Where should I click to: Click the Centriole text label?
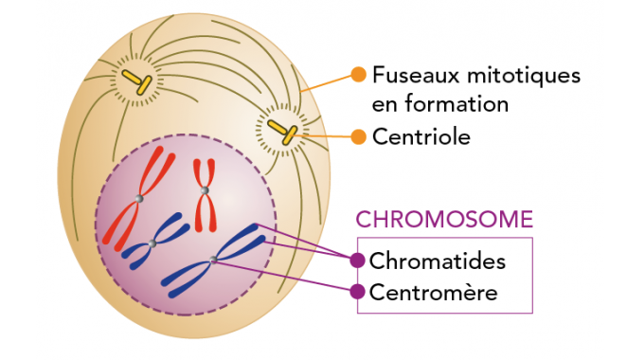point(421,136)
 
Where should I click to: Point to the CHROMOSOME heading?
point(444,220)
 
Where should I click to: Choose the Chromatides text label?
point(439,261)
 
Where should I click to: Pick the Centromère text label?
point(435,292)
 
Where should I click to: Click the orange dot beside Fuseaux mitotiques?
point(358,74)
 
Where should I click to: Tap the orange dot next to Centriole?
point(358,136)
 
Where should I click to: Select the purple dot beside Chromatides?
point(357,261)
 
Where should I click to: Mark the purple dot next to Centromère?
point(357,292)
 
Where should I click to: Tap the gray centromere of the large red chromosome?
point(139,198)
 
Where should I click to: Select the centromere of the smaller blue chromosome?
point(152,243)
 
